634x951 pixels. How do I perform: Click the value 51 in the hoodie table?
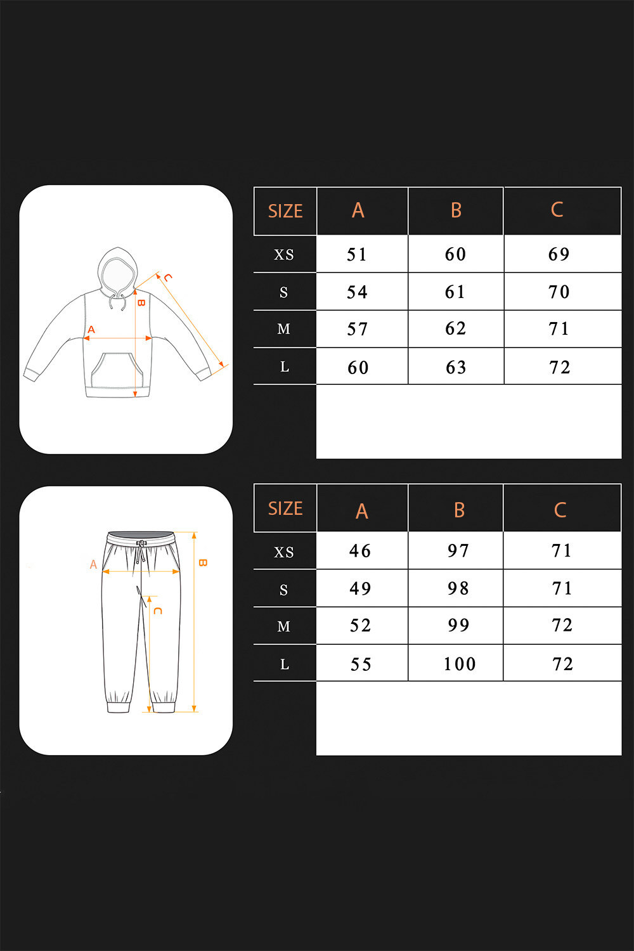pos(356,254)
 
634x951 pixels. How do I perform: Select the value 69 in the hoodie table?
pos(559,254)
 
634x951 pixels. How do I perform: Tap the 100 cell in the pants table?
pos(460,664)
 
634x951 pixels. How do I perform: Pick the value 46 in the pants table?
pos(360,551)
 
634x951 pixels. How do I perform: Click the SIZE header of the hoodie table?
pos(285,211)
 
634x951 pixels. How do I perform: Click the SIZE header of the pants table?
pos(285,508)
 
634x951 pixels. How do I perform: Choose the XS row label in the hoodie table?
pos(284,255)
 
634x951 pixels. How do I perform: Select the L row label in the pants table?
pos(285,664)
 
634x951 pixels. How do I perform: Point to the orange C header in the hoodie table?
pos(557,209)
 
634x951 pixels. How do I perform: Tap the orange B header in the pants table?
pos(459,510)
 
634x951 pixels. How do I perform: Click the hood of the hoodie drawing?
pos(118,270)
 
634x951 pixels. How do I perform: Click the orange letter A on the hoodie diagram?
pos(91,330)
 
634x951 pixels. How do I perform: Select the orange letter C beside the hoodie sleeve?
pos(168,278)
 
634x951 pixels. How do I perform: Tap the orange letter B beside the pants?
pos(202,562)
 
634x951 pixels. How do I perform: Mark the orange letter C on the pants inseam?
pos(157,611)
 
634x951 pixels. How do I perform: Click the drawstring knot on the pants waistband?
pos(141,543)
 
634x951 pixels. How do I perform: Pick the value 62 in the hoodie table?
pos(455,328)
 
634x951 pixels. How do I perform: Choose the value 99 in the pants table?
pos(458,625)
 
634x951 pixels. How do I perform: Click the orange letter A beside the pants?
pos(93,564)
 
